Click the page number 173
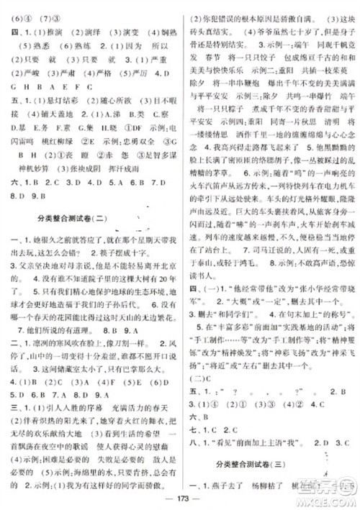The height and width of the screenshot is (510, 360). (180, 498)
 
